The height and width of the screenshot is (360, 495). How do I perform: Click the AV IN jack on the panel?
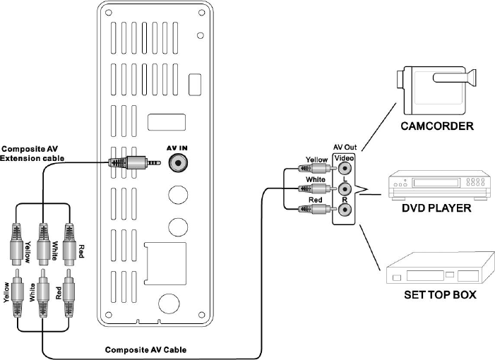coord(179,163)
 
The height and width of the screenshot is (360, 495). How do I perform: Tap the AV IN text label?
coord(177,148)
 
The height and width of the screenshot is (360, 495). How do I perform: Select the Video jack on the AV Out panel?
coord(345,168)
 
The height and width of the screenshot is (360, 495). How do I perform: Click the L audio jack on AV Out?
coord(345,189)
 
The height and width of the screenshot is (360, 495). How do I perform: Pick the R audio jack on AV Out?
coord(345,210)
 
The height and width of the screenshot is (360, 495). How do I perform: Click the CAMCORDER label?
coord(437,126)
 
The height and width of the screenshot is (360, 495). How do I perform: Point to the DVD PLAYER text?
coord(436,208)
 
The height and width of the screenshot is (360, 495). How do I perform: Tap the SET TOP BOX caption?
coord(440,294)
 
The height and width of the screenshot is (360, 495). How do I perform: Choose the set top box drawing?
coord(441,269)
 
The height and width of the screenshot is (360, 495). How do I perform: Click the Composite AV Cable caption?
coord(145,350)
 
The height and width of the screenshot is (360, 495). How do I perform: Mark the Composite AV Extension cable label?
coord(32,154)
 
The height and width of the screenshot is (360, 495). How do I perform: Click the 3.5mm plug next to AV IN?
coord(134,163)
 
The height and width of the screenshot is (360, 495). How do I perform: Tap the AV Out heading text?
coord(345,148)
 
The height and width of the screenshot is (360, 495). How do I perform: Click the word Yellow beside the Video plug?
coord(316,160)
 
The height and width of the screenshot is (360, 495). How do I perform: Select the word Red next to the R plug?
coord(315,200)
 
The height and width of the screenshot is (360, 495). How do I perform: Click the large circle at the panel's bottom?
coord(169,304)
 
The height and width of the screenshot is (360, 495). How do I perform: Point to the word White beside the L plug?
coord(316,179)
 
